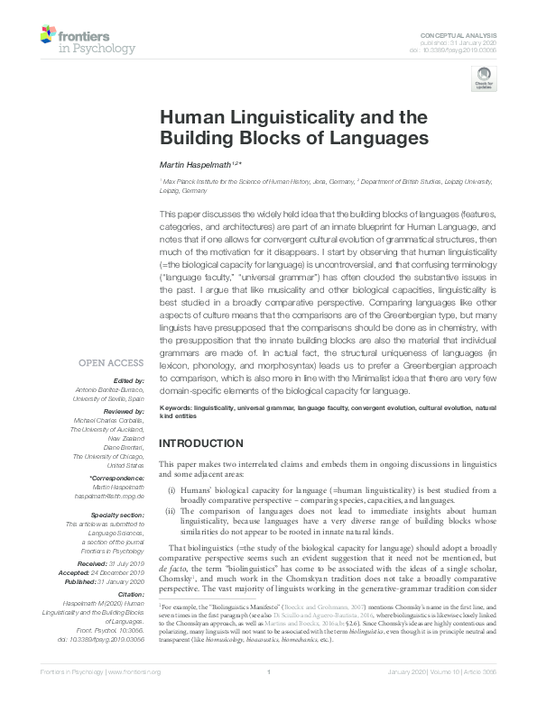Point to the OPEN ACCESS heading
pyautogui.click(x=111, y=362)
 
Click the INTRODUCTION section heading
pyautogui.click(x=203, y=443)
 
